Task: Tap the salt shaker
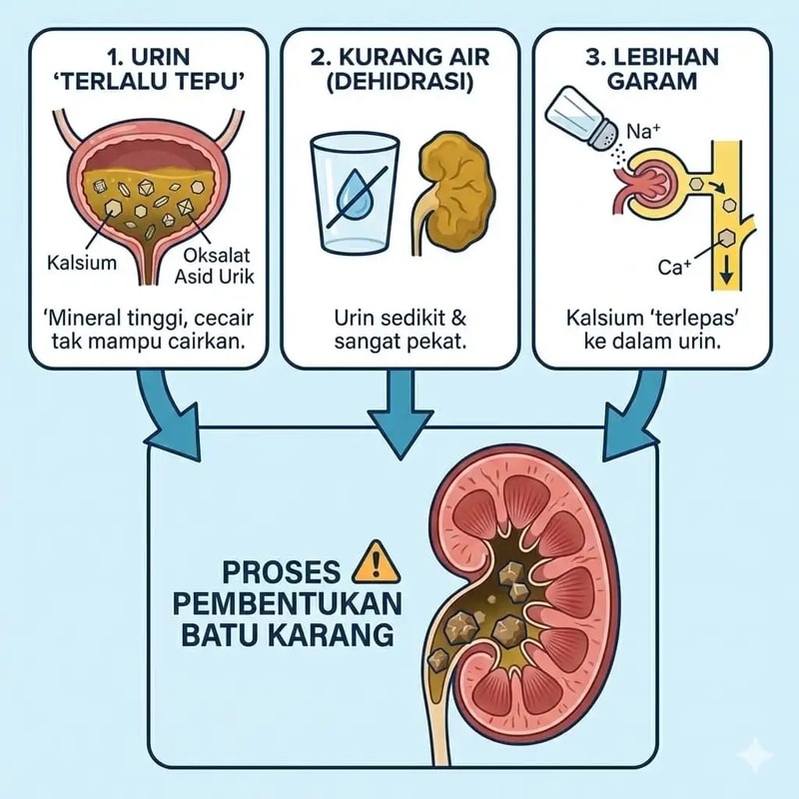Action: [x=582, y=119]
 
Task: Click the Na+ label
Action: [x=643, y=132]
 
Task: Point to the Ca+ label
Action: [x=673, y=267]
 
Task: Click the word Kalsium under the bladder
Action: [x=82, y=263]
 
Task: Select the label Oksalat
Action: [x=217, y=256]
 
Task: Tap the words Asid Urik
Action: [x=214, y=277]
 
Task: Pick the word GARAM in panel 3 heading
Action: [x=653, y=82]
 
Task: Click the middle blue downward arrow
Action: [x=400, y=414]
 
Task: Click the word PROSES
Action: [x=282, y=571]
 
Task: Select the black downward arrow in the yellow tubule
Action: [x=726, y=277]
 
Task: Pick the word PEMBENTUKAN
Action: [x=288, y=604]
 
